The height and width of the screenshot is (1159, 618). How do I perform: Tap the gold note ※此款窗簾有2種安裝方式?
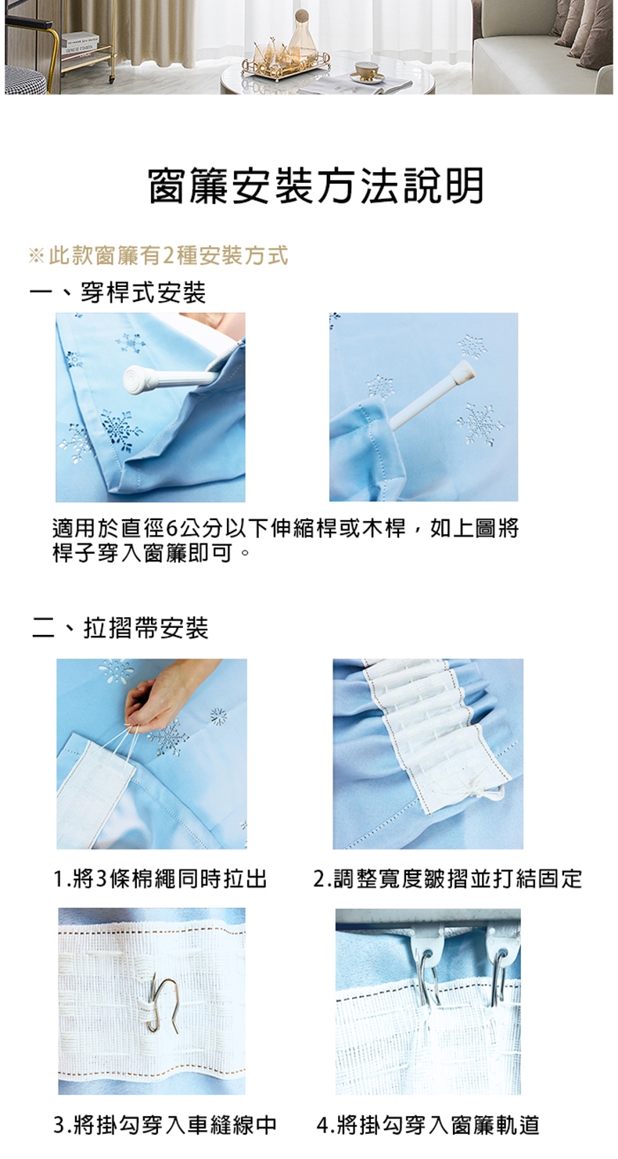pos(158,256)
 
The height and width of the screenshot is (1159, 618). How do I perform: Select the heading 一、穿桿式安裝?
pos(118,292)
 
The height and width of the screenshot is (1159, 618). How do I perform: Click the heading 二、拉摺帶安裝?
pos(120,628)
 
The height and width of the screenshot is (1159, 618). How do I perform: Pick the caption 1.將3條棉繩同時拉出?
pos(160,878)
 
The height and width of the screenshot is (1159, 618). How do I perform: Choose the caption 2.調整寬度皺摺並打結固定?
pos(448,878)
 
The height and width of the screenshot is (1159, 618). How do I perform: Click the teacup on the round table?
pos(366,70)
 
